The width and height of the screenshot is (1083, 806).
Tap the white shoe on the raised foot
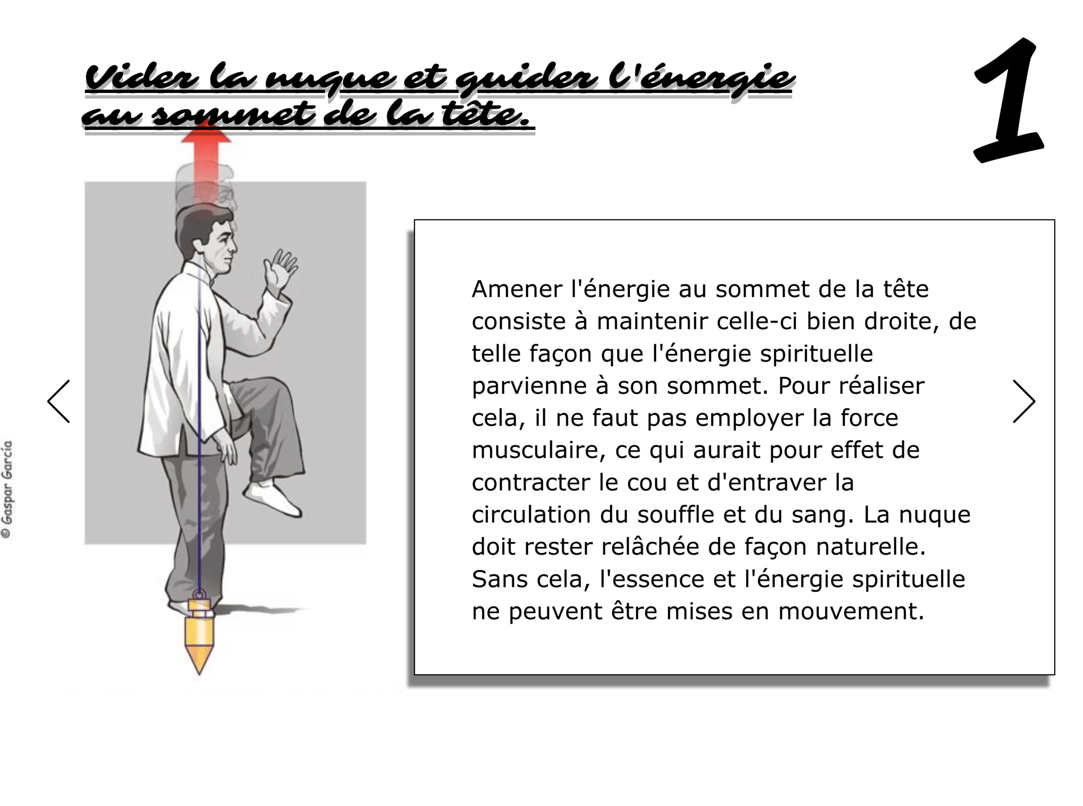tap(272, 498)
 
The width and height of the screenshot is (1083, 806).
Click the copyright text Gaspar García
tap(7, 489)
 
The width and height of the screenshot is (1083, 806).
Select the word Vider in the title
tap(142, 78)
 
